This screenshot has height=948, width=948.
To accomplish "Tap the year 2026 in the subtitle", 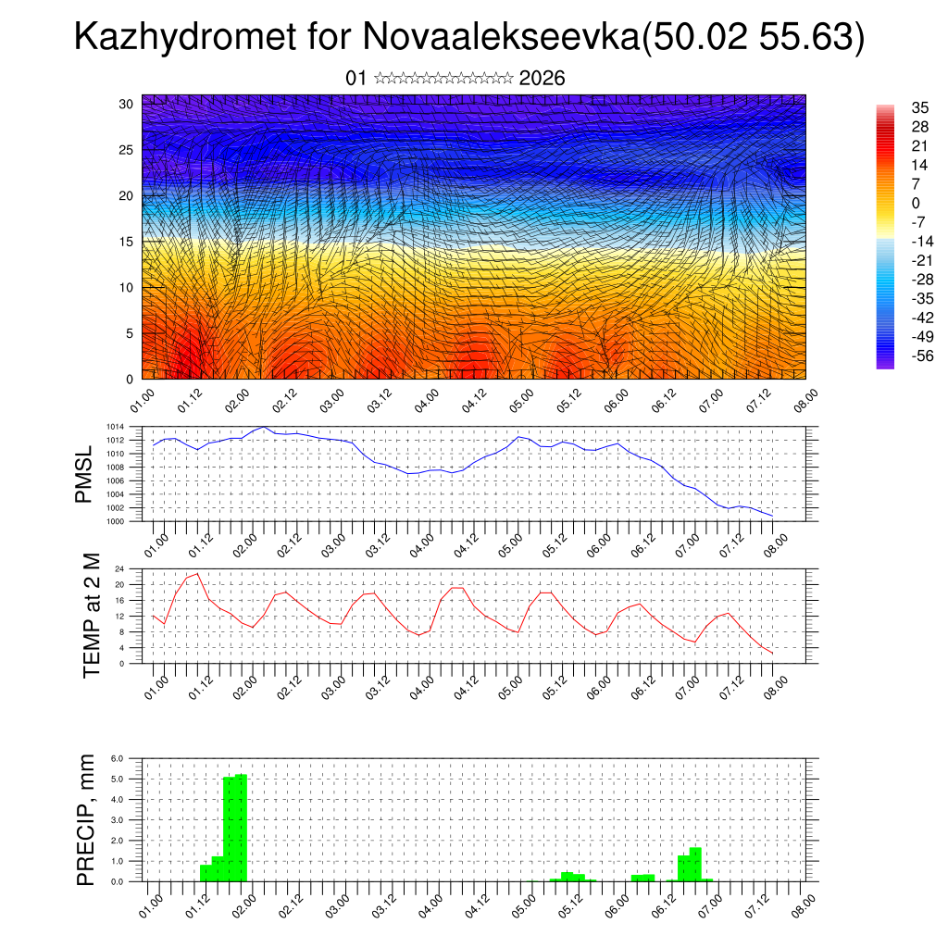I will click(x=543, y=79).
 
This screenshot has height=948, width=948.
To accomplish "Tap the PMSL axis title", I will click(x=84, y=474).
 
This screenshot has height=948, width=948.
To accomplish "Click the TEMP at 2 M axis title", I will click(x=91, y=616).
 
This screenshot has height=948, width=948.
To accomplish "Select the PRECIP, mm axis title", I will click(x=86, y=819).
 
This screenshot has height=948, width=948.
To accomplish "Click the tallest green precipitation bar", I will click(x=241, y=828).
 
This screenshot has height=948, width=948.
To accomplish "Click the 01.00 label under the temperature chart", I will click(x=156, y=686).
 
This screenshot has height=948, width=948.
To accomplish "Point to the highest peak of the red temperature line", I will click(x=197, y=574).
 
